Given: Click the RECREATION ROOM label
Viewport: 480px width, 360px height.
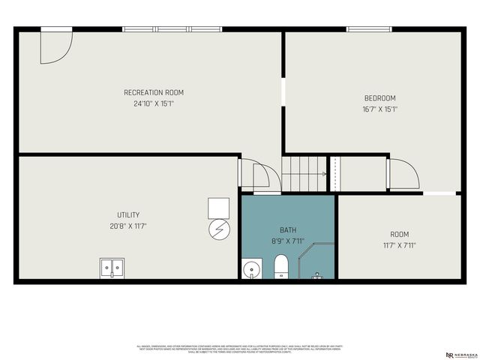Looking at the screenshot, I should click(x=154, y=93).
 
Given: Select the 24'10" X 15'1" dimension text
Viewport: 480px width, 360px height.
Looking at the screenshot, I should click(x=154, y=104).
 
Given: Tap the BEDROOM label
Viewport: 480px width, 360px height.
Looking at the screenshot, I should click(x=379, y=98).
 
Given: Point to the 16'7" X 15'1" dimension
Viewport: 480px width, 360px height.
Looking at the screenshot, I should click(x=379, y=109).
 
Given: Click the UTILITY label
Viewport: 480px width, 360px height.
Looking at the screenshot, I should click(x=128, y=215).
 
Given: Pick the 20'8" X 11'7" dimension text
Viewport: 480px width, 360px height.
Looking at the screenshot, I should click(x=128, y=226).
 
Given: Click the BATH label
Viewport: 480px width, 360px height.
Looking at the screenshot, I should click(x=288, y=229).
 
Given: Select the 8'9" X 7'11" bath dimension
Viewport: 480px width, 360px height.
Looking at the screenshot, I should click(x=288, y=241).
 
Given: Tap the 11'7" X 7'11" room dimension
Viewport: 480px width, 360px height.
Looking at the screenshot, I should click(x=399, y=245).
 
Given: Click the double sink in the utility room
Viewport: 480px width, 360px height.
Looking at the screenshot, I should click(x=112, y=268).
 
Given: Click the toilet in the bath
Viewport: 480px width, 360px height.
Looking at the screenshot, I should click(x=281, y=265).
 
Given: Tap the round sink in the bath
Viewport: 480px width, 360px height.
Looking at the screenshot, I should click(x=250, y=269).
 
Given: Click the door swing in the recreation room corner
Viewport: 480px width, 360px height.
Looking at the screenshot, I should click(x=54, y=46).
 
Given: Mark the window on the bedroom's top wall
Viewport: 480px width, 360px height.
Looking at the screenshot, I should click(x=368, y=29).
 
